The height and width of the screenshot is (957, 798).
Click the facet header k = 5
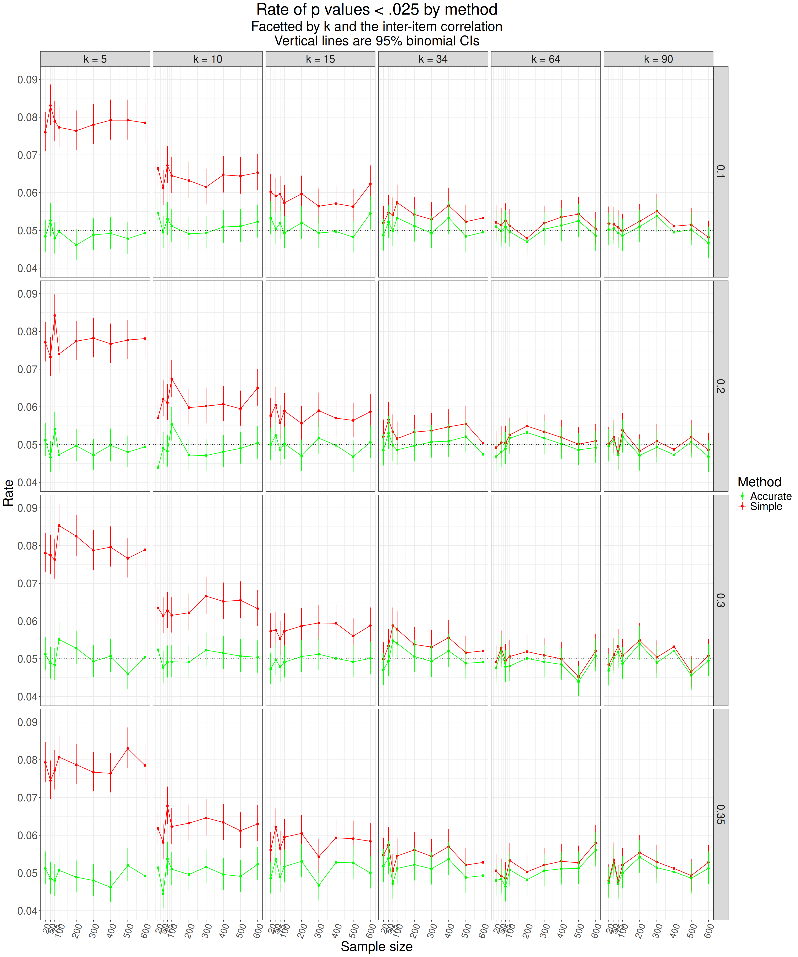pyautogui.click(x=95, y=59)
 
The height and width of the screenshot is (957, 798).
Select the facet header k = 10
pyautogui.click(x=207, y=59)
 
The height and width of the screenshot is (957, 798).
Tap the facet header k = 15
pyautogui.click(x=320, y=59)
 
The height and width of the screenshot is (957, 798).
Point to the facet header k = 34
pyautogui.click(x=433, y=59)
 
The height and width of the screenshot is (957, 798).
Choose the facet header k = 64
pyautogui.click(x=545, y=59)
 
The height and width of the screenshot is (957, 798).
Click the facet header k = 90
pyautogui.click(x=658, y=59)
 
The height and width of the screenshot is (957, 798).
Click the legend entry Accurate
pyautogui.click(x=771, y=496)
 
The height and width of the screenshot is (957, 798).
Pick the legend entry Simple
pyautogui.click(x=766, y=507)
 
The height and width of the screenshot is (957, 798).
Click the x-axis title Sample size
pyautogui.click(x=377, y=947)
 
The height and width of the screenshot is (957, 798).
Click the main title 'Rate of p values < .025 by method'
pyautogui.click(x=377, y=10)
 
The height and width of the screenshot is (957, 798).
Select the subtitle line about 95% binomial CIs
pyautogui.click(x=377, y=41)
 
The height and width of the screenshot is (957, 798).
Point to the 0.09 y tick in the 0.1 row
pyautogui.click(x=27, y=80)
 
